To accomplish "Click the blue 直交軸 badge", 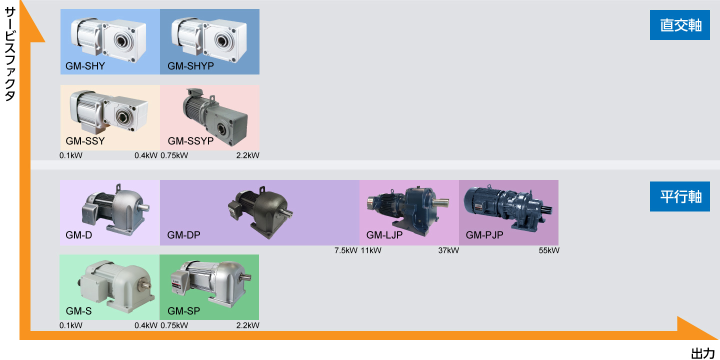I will coord(679,25).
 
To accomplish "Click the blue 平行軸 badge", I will coord(679,196).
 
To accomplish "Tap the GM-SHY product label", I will coord(85,65).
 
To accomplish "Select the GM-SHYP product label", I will coord(190,65).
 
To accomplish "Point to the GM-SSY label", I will coord(85,141).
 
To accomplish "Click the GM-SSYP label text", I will coord(190,141).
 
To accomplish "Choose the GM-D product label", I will coord(78,234).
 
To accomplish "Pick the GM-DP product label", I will coord(183,234).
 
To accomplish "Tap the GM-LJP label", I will coord(384,234).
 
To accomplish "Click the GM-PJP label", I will coord(484,234).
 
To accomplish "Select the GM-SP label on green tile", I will coord(183,311).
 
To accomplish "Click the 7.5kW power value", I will coord(346,250).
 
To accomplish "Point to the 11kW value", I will coord(370,250).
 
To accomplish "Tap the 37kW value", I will coord(448,250).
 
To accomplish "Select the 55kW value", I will coord(549,250).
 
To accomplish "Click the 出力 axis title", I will coord(703,353).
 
